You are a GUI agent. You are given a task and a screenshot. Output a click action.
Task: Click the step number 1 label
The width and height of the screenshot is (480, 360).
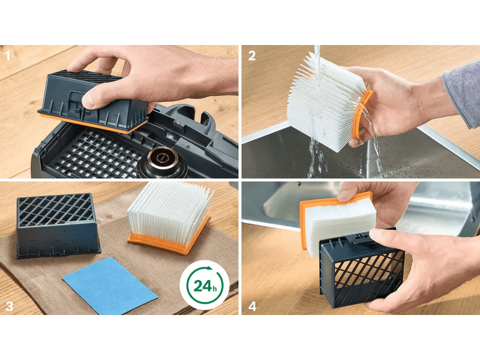coord(8,56)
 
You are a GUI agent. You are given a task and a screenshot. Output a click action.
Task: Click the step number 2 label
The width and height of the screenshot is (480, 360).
coord(252,56)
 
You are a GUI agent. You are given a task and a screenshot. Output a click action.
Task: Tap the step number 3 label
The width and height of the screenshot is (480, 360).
coord(9,306)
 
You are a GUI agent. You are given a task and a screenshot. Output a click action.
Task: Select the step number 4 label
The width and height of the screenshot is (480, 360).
coord(252,306)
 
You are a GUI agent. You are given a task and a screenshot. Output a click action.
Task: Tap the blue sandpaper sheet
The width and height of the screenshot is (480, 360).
coord(110,285)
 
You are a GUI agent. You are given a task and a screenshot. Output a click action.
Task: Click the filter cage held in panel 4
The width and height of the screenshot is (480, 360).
coord(354,273)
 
